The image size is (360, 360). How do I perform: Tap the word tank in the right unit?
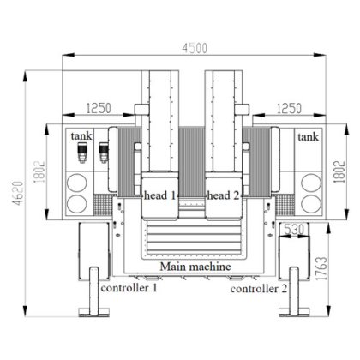[305, 136]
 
